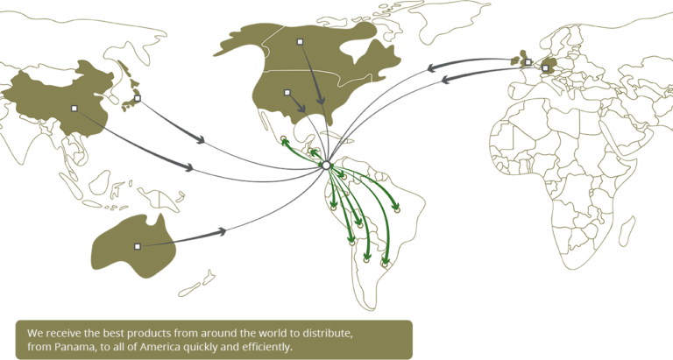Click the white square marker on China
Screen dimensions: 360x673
coord(74,109)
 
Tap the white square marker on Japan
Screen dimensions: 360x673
coord(137,98)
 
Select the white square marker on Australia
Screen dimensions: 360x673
coord(137,246)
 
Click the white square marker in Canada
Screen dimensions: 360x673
coord(300,41)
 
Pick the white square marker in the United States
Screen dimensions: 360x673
coord(287,90)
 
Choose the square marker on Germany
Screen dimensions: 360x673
coord(545,67)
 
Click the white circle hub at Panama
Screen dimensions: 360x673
coord(325,165)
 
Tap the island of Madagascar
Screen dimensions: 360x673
coord(627,229)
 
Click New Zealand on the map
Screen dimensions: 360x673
coord(200,282)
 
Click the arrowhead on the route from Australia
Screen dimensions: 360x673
coord(223,231)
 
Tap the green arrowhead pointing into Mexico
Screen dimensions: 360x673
coord(285,140)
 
